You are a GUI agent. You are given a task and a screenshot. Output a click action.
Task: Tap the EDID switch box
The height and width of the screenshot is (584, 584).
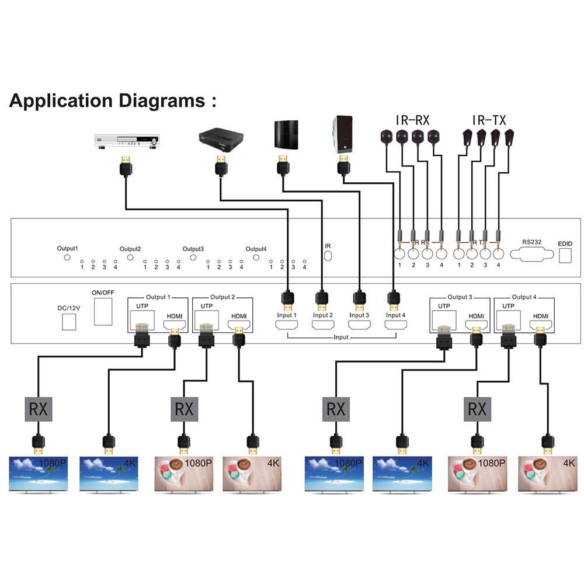point(565,255)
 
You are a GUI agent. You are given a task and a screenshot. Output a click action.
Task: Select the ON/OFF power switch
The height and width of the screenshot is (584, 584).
point(103,311)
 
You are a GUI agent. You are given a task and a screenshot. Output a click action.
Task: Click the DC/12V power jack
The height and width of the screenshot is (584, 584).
point(69,321)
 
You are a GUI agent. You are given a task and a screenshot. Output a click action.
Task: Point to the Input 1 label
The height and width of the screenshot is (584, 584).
point(287,315)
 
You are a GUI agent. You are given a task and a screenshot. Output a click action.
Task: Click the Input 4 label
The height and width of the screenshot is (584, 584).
point(395,315)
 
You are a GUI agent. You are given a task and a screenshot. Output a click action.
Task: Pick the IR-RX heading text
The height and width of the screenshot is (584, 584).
point(412,121)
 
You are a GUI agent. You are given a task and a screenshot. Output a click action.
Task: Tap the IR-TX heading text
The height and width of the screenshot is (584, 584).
point(489,121)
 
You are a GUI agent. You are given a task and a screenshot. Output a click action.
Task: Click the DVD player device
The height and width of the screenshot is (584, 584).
point(126,140)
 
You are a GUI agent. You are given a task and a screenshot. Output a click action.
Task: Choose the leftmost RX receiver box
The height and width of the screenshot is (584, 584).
point(38,408)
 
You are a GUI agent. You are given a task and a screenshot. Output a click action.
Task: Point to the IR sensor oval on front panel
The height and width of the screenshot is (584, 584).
point(328,256)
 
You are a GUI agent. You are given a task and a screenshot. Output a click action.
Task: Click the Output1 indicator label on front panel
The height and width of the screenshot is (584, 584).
point(67,248)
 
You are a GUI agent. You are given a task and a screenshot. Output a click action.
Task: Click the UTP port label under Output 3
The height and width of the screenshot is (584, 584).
point(444,306)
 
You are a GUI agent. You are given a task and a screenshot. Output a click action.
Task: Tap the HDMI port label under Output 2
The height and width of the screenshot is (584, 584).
point(238,315)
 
